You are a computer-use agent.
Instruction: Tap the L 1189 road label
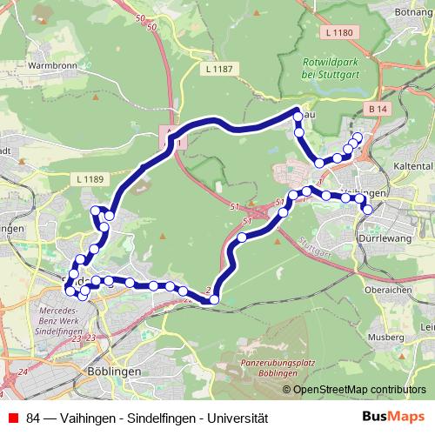click(90, 179)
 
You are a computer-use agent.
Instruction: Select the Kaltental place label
click(412, 164)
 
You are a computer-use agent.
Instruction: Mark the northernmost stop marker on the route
click(298, 116)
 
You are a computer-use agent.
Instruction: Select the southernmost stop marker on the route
click(214, 300)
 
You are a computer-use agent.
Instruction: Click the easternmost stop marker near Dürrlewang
click(367, 209)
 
